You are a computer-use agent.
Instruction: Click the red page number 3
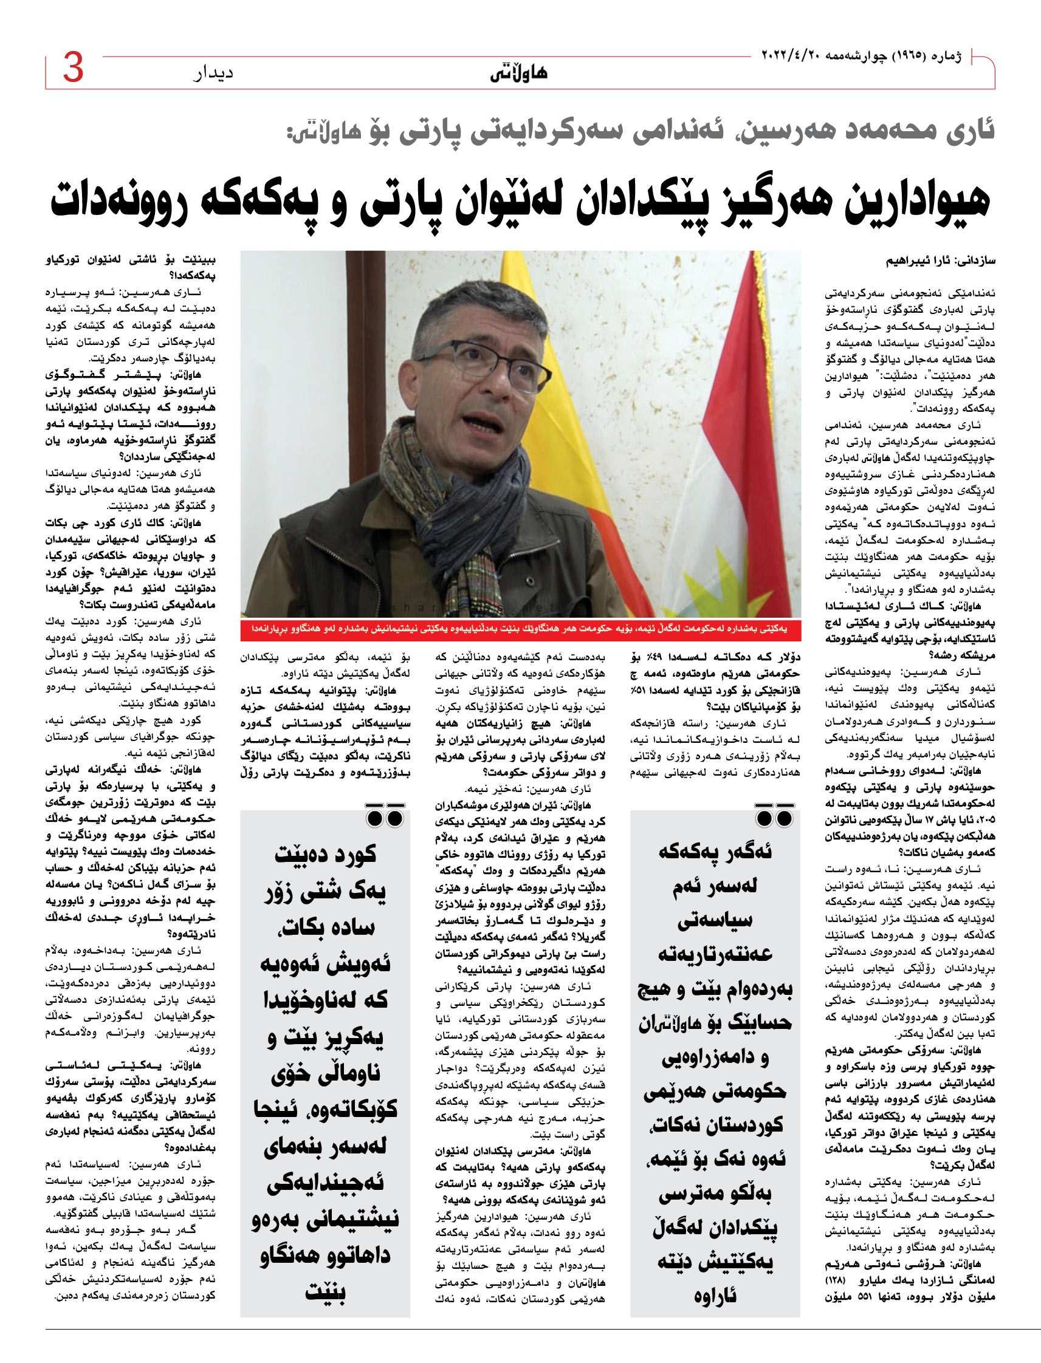pyautogui.click(x=73, y=67)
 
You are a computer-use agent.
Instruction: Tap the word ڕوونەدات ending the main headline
pyautogui.click(x=118, y=200)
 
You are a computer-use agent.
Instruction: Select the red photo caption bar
pyautogui.click(x=520, y=629)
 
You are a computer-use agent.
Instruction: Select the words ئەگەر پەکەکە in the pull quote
pyautogui.click(x=715, y=852)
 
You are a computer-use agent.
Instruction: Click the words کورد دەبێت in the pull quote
pyautogui.click(x=325, y=854)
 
